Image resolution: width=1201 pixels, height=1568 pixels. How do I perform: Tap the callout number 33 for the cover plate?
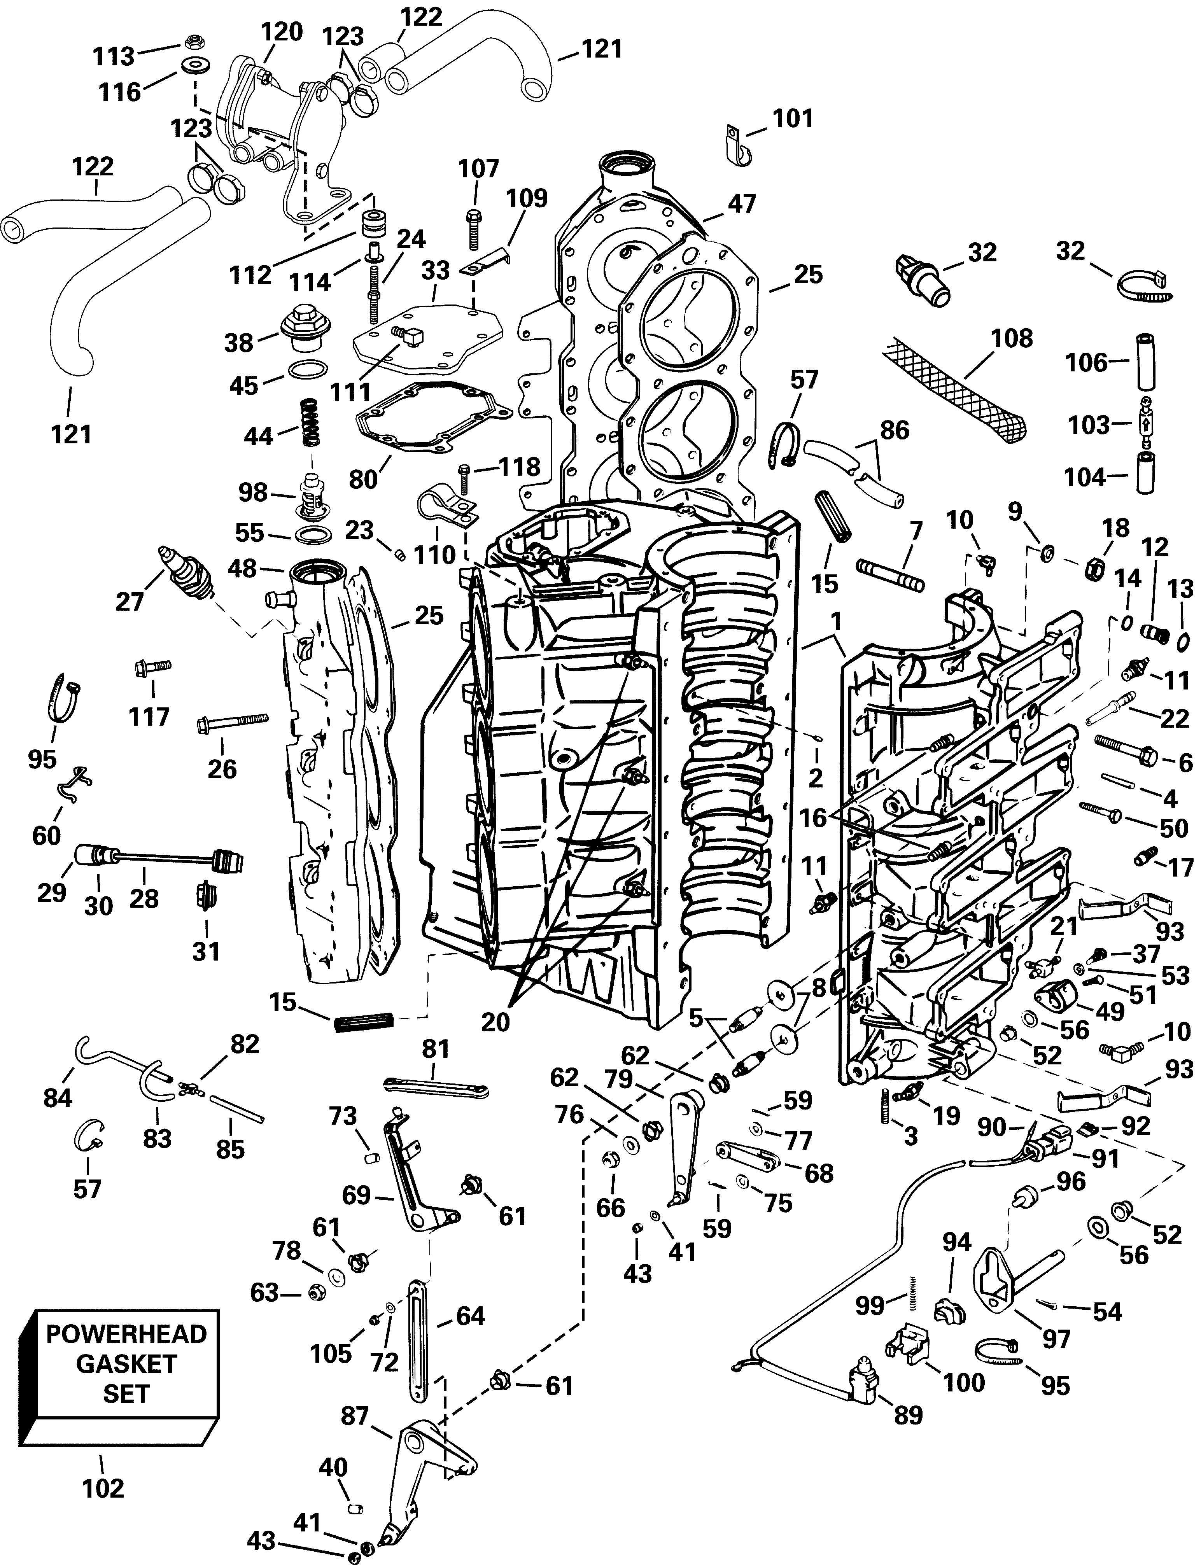point(435,270)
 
